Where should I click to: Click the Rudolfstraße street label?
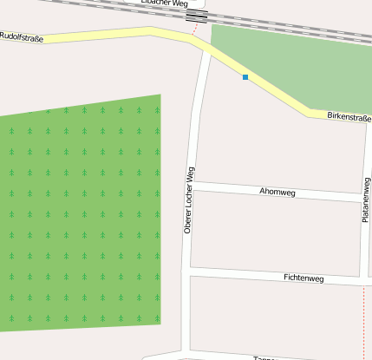(x=22, y=37)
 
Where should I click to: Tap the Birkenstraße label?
(x=349, y=116)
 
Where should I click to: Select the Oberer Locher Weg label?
(x=188, y=200)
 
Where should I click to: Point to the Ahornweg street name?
(x=277, y=192)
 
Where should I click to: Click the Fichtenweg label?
(x=303, y=278)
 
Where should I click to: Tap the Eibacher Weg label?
(x=164, y=3)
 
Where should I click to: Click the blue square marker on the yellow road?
(x=245, y=77)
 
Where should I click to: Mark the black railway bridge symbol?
(x=197, y=15)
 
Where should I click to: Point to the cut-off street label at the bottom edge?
(x=264, y=357)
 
